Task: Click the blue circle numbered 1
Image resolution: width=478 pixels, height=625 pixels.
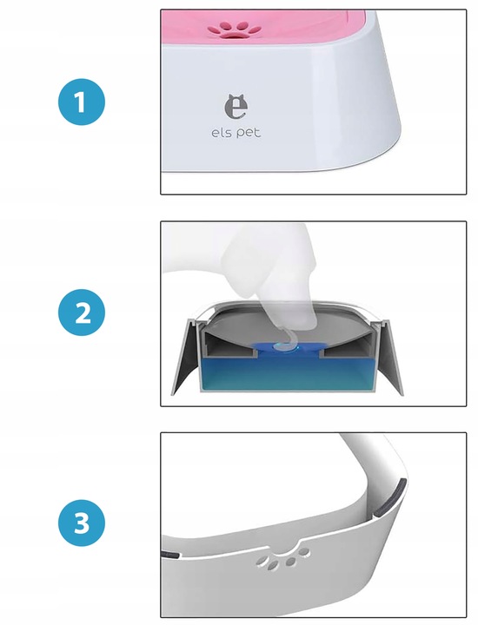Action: click(x=82, y=102)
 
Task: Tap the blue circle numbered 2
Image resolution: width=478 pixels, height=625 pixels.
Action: click(x=82, y=312)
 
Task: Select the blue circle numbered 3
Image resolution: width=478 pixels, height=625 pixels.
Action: click(x=82, y=523)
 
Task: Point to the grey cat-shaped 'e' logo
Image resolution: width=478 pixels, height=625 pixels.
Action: click(x=236, y=107)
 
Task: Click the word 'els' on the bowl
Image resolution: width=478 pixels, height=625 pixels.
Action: click(x=222, y=133)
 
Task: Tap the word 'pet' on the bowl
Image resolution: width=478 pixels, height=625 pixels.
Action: click(x=249, y=133)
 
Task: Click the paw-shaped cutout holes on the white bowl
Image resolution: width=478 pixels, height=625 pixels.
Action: click(x=282, y=558)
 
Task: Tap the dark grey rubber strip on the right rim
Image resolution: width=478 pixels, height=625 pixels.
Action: click(x=390, y=499)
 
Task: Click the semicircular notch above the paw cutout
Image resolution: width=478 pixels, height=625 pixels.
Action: click(x=287, y=547)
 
